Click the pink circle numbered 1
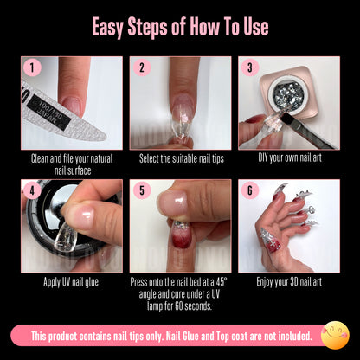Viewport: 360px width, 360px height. tap(32, 67)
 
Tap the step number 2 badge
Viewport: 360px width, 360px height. tap(142, 67)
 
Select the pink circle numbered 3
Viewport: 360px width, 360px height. tap(250, 67)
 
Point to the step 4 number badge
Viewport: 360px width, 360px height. tap(32, 190)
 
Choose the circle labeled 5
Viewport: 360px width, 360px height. tap(142, 190)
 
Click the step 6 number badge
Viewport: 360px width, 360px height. tap(250, 190)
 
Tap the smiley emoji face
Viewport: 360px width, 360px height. tap(335, 335)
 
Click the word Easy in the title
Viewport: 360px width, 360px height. tap(108, 27)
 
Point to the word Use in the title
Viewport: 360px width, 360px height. tap(254, 27)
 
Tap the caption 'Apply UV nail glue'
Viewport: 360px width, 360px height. tap(71, 282)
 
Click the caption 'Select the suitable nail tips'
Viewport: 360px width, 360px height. tap(182, 158)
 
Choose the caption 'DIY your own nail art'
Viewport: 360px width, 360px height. tap(290, 158)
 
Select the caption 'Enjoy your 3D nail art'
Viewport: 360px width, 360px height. tap(289, 282)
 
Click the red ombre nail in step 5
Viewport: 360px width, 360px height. tap(180, 235)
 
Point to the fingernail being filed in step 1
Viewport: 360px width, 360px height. tap(72, 106)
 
